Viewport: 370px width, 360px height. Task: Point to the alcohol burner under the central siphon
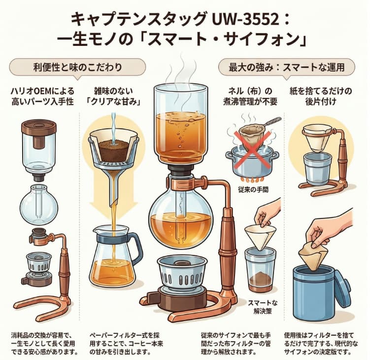click(180, 274)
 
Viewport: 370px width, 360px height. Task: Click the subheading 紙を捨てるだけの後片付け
click(320, 96)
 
